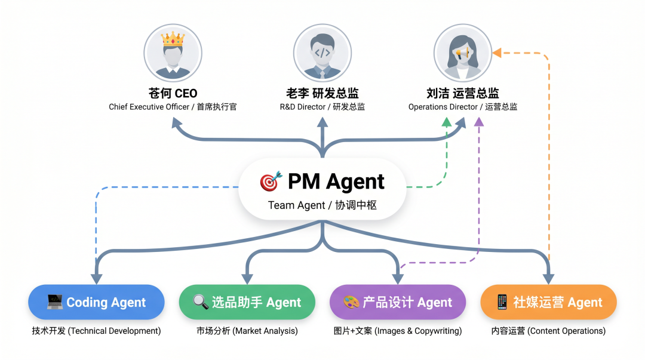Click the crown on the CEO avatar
(173, 40)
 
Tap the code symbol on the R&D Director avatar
(322, 53)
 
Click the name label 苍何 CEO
(173, 93)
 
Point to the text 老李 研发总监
(322, 93)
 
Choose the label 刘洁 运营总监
(463, 93)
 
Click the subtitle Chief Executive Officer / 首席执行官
(173, 107)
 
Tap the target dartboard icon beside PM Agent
(269, 181)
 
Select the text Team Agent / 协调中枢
(322, 205)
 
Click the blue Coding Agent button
(96, 302)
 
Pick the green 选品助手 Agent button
(247, 302)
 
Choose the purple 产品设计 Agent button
(398, 302)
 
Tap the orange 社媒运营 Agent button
(548, 302)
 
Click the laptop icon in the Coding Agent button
(55, 302)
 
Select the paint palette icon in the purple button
(351, 302)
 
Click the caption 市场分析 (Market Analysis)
(247, 331)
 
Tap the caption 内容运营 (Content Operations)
(548, 331)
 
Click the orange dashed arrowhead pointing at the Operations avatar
(496, 53)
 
